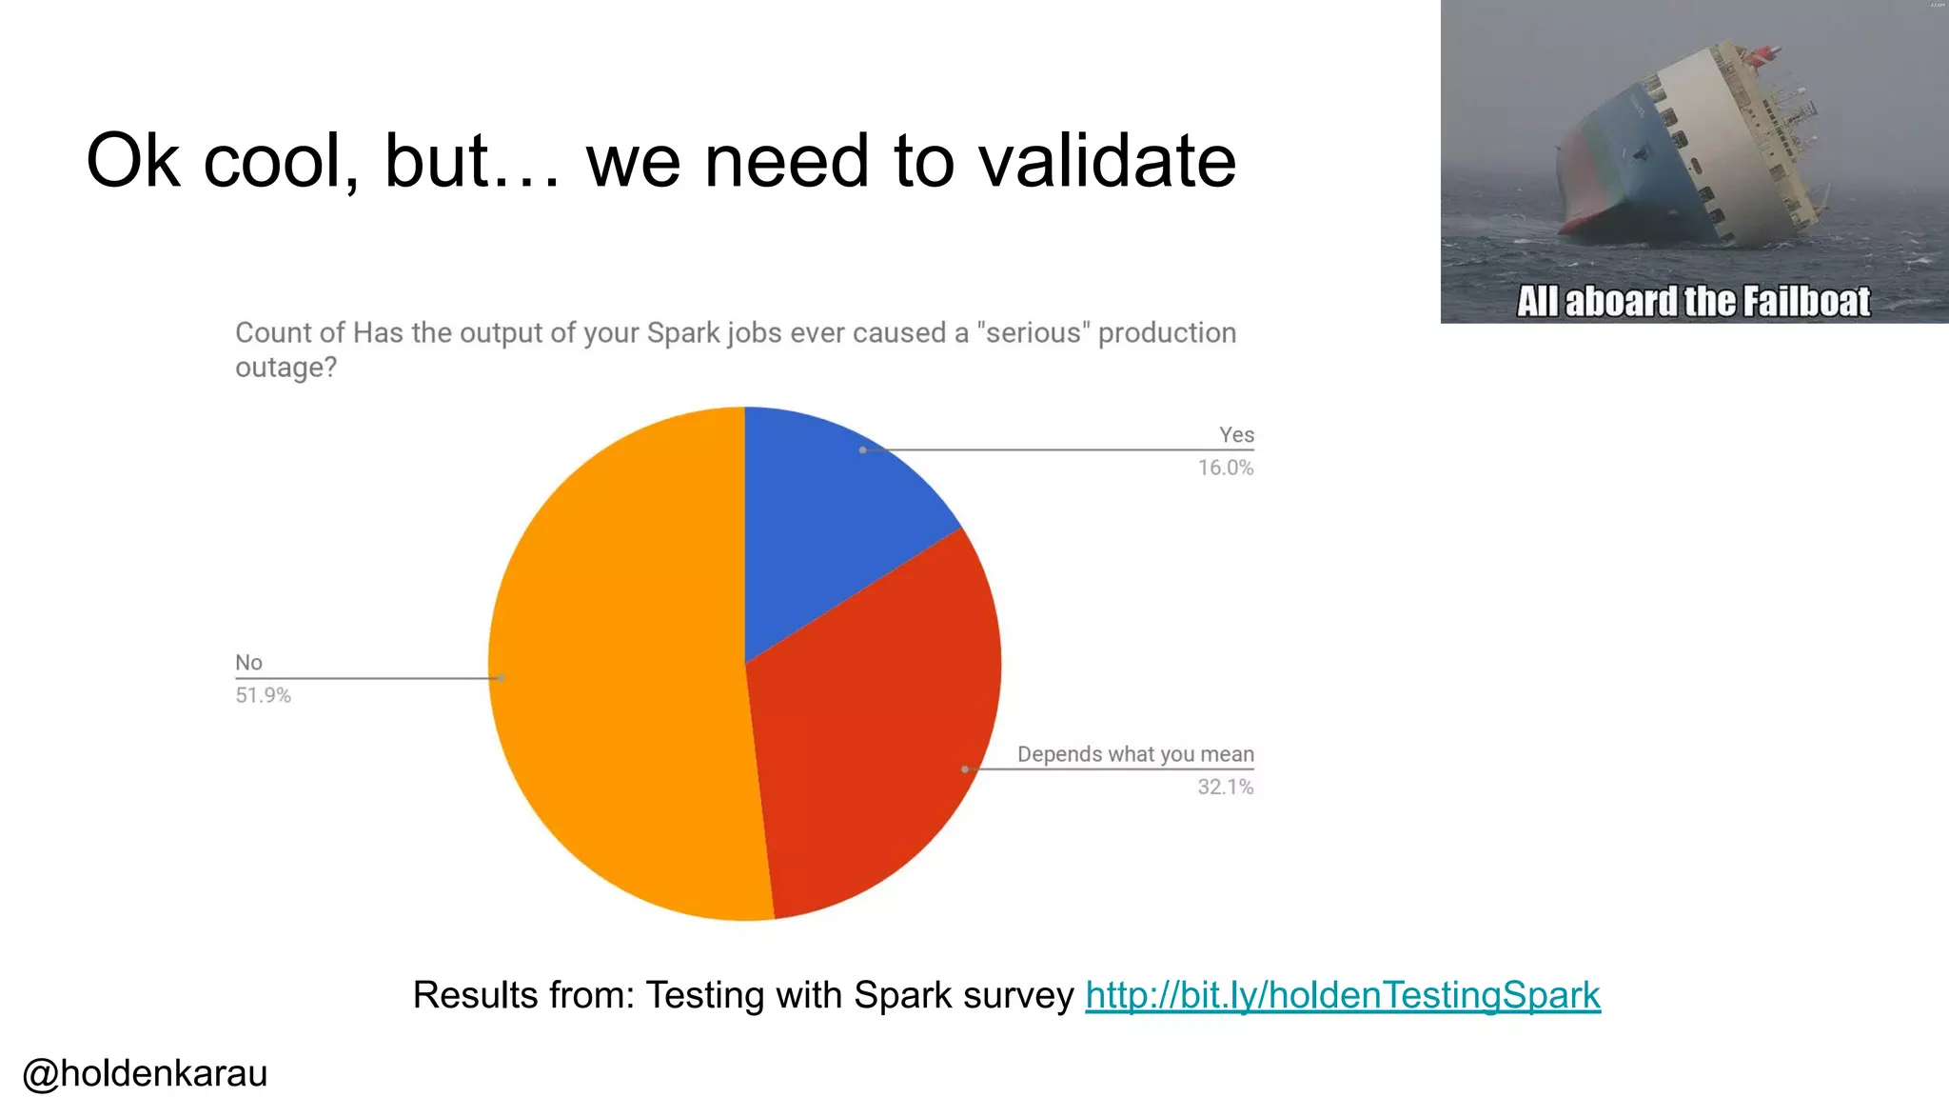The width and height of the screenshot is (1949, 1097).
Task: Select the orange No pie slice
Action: pyautogui.click(x=619, y=667)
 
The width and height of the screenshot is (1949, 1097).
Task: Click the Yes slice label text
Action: pyautogui.click(x=1236, y=435)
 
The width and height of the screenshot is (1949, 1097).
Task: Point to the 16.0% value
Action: pyautogui.click(x=1225, y=468)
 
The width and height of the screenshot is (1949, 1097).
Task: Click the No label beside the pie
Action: pyautogui.click(x=248, y=663)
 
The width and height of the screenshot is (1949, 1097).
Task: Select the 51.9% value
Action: pyautogui.click(x=263, y=695)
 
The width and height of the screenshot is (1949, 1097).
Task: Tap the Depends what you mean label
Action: pyautogui.click(x=1135, y=754)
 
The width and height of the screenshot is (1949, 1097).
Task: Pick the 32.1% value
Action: pyautogui.click(x=1225, y=787)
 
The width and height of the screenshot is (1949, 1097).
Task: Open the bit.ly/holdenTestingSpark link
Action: pyautogui.click(x=1343, y=995)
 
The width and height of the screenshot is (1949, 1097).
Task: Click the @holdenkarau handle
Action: pyautogui.click(x=145, y=1073)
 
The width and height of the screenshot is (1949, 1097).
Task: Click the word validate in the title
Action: pyautogui.click(x=1108, y=160)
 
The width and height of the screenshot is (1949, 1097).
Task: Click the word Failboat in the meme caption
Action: pyautogui.click(x=1806, y=301)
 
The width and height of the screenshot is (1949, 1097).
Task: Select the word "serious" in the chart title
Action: pyautogui.click(x=1034, y=332)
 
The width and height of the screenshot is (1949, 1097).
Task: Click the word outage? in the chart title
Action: pyautogui.click(x=285, y=368)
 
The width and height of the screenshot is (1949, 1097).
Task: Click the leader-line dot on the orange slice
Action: pyautogui.click(x=502, y=678)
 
